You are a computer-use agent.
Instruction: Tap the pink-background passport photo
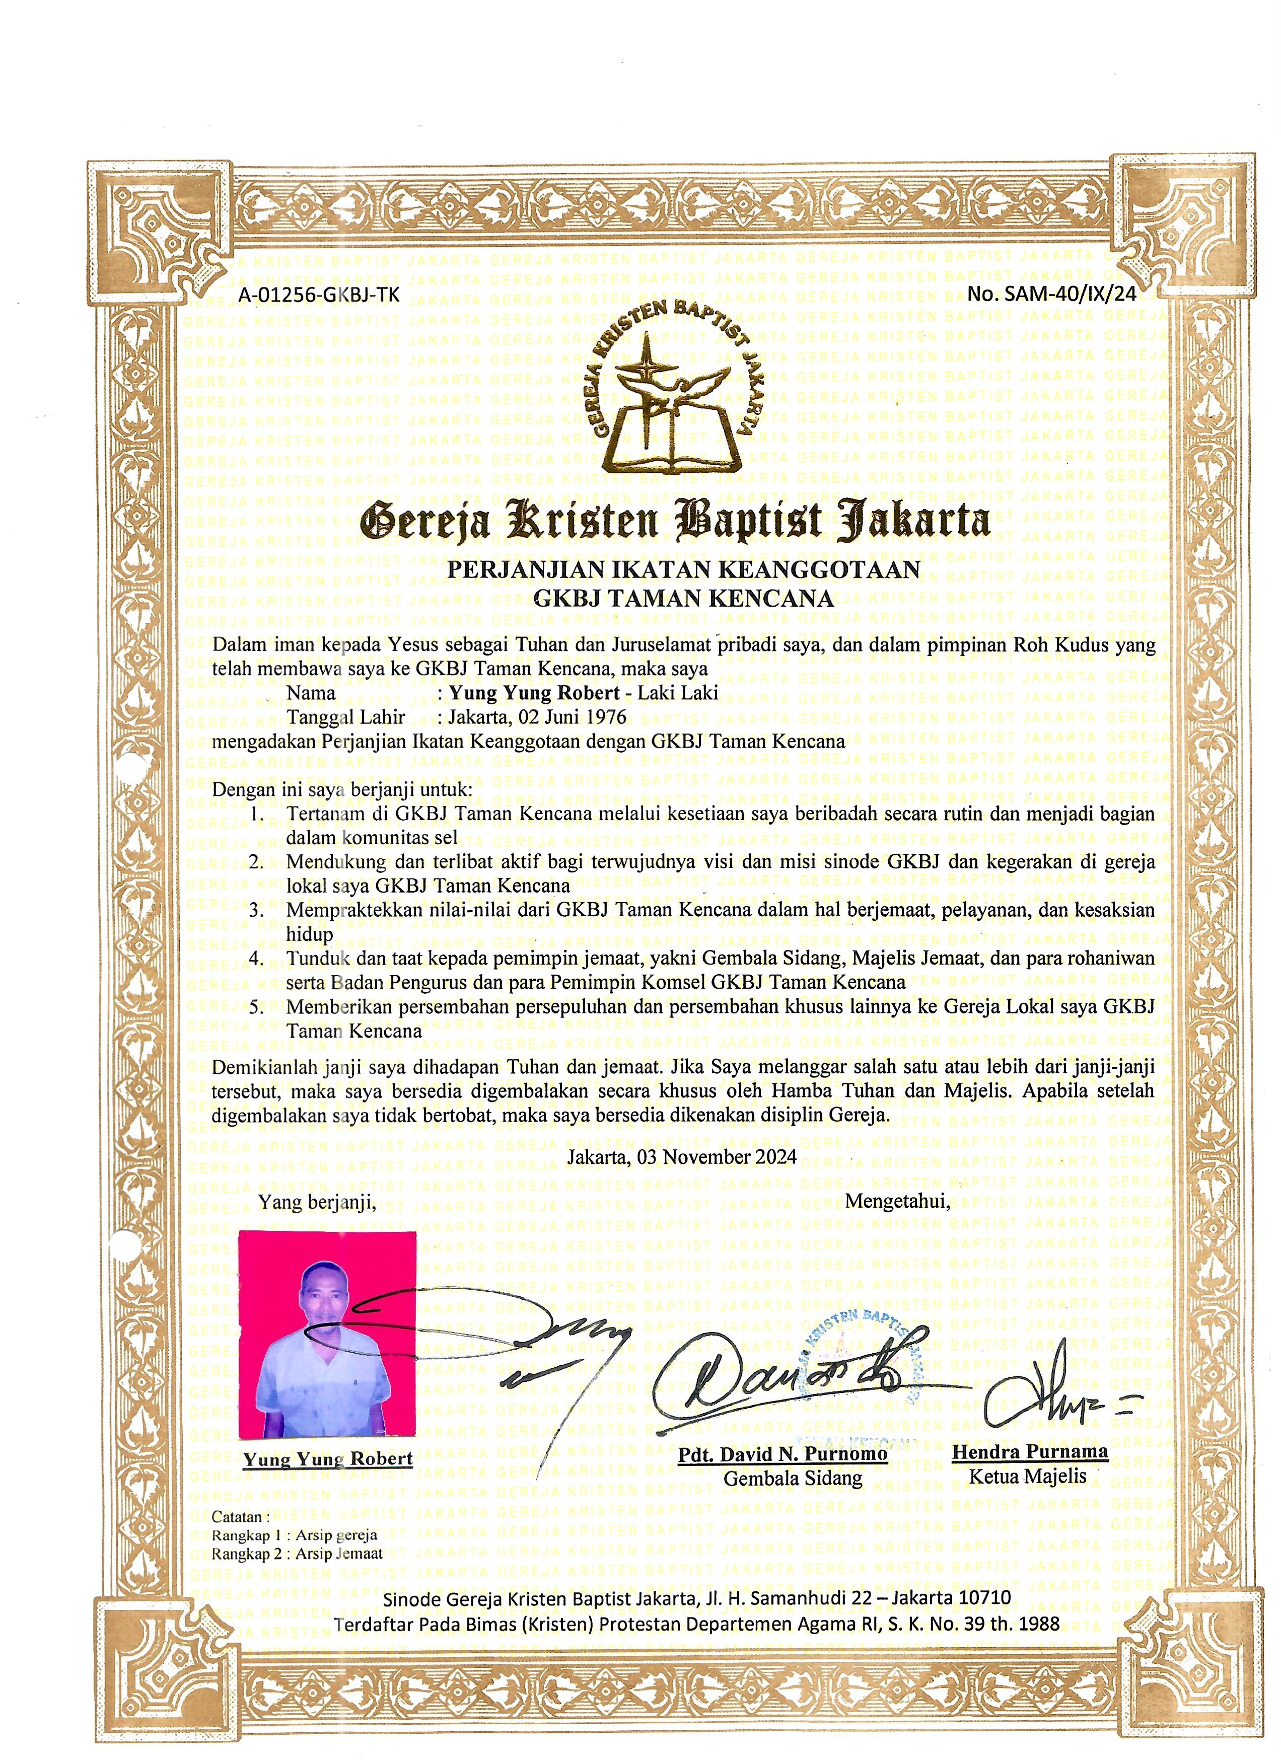coord(327,1333)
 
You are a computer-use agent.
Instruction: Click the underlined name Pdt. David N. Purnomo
coord(783,1454)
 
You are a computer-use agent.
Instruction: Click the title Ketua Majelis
coord(1027,1476)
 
